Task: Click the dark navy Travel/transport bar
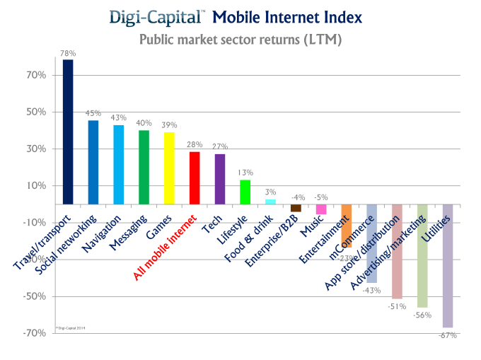[x=68, y=132]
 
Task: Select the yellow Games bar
[x=169, y=168]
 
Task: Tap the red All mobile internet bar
[x=195, y=178]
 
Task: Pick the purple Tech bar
[x=220, y=178]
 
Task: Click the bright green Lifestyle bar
[x=245, y=191]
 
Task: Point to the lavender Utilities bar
[x=447, y=265]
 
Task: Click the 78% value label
[x=68, y=54]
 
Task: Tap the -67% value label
[x=448, y=335]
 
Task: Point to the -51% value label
[x=397, y=306]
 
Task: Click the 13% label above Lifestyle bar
[x=245, y=173]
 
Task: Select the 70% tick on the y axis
[x=37, y=75]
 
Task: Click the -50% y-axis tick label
[x=35, y=296]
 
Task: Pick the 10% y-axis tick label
[x=37, y=186]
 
